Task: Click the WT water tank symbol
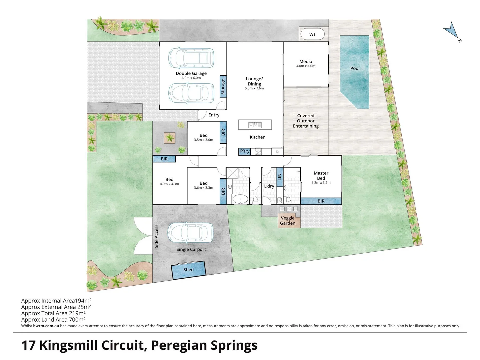pos(312,34)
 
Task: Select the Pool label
pos(355,68)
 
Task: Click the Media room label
pos(306,62)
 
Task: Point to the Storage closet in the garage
pos(223,87)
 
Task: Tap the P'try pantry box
pos(245,151)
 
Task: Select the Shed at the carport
pos(188,270)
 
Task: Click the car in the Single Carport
pos(190,232)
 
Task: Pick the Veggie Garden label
pos(288,221)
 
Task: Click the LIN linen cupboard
pos(279,177)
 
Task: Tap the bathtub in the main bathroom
pos(240,200)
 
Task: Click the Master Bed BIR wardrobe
pos(321,201)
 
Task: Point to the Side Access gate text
pos(157,236)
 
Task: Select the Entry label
pos(214,115)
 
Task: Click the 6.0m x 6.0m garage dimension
pos(191,78)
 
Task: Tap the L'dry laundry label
pos(269,186)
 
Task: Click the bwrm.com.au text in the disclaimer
pos(46,326)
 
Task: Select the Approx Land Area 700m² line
pos(53,320)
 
